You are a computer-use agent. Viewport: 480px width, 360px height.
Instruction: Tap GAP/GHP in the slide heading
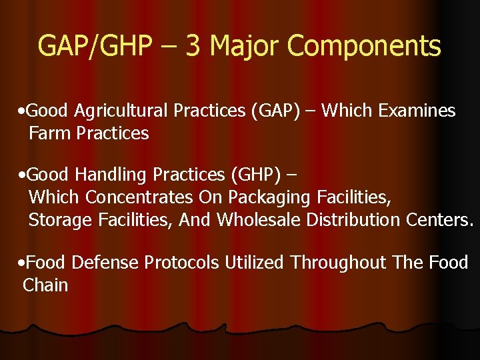[x=94, y=47]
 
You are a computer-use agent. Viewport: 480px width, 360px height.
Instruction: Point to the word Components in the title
[x=364, y=47]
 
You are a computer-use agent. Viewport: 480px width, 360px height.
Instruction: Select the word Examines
[x=417, y=111]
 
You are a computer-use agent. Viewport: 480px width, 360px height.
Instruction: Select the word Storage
[x=55, y=219]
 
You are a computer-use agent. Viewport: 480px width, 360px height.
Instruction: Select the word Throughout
[x=338, y=263]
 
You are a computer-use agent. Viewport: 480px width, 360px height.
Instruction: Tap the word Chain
[x=45, y=285]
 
